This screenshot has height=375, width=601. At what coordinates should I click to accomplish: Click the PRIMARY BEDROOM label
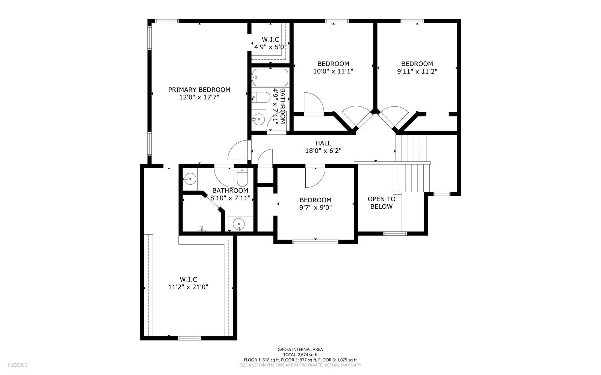(199, 90)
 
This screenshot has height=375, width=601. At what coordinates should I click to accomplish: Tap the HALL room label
(323, 143)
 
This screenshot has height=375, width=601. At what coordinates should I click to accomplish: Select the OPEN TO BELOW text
(381, 203)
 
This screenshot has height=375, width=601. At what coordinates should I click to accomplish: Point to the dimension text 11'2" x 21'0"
(188, 287)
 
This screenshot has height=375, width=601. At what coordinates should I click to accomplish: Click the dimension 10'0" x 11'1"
(333, 71)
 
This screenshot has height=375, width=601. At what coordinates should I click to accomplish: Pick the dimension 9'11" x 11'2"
(417, 71)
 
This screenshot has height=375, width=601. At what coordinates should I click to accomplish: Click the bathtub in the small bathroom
(270, 78)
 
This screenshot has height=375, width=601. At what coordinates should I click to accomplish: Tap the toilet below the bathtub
(260, 98)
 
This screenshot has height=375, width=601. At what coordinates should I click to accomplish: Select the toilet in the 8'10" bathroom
(242, 178)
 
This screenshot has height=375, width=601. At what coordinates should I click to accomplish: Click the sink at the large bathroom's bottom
(238, 224)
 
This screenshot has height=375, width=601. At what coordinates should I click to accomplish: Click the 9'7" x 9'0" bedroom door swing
(315, 176)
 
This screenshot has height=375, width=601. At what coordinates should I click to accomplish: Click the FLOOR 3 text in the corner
(18, 365)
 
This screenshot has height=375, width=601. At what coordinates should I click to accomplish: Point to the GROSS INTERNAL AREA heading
(300, 349)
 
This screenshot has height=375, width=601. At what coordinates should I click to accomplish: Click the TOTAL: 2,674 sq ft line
(300, 354)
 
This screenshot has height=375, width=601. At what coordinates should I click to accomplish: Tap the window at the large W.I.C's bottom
(189, 338)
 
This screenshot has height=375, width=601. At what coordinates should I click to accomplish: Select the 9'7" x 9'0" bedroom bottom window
(316, 241)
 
